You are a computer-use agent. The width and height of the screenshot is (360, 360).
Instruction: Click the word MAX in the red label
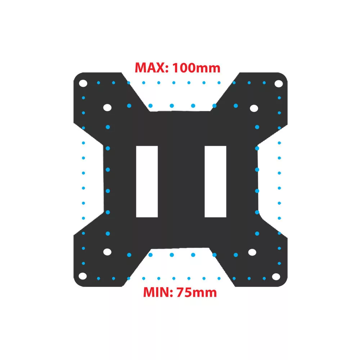click(150, 68)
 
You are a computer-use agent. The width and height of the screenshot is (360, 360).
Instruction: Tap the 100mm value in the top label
click(196, 68)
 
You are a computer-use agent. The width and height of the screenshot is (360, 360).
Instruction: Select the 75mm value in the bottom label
click(197, 292)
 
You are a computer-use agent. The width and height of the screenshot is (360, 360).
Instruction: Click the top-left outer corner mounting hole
click(83, 84)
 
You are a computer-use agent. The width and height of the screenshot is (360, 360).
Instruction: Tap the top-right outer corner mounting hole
click(279, 84)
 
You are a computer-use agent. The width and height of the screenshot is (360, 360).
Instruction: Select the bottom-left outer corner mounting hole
click(83, 276)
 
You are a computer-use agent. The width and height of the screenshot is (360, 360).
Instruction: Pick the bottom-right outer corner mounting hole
click(276, 277)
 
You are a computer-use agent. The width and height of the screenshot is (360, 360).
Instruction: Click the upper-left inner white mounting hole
click(107, 107)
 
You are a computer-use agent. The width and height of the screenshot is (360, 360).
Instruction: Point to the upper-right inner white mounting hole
click(254, 108)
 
